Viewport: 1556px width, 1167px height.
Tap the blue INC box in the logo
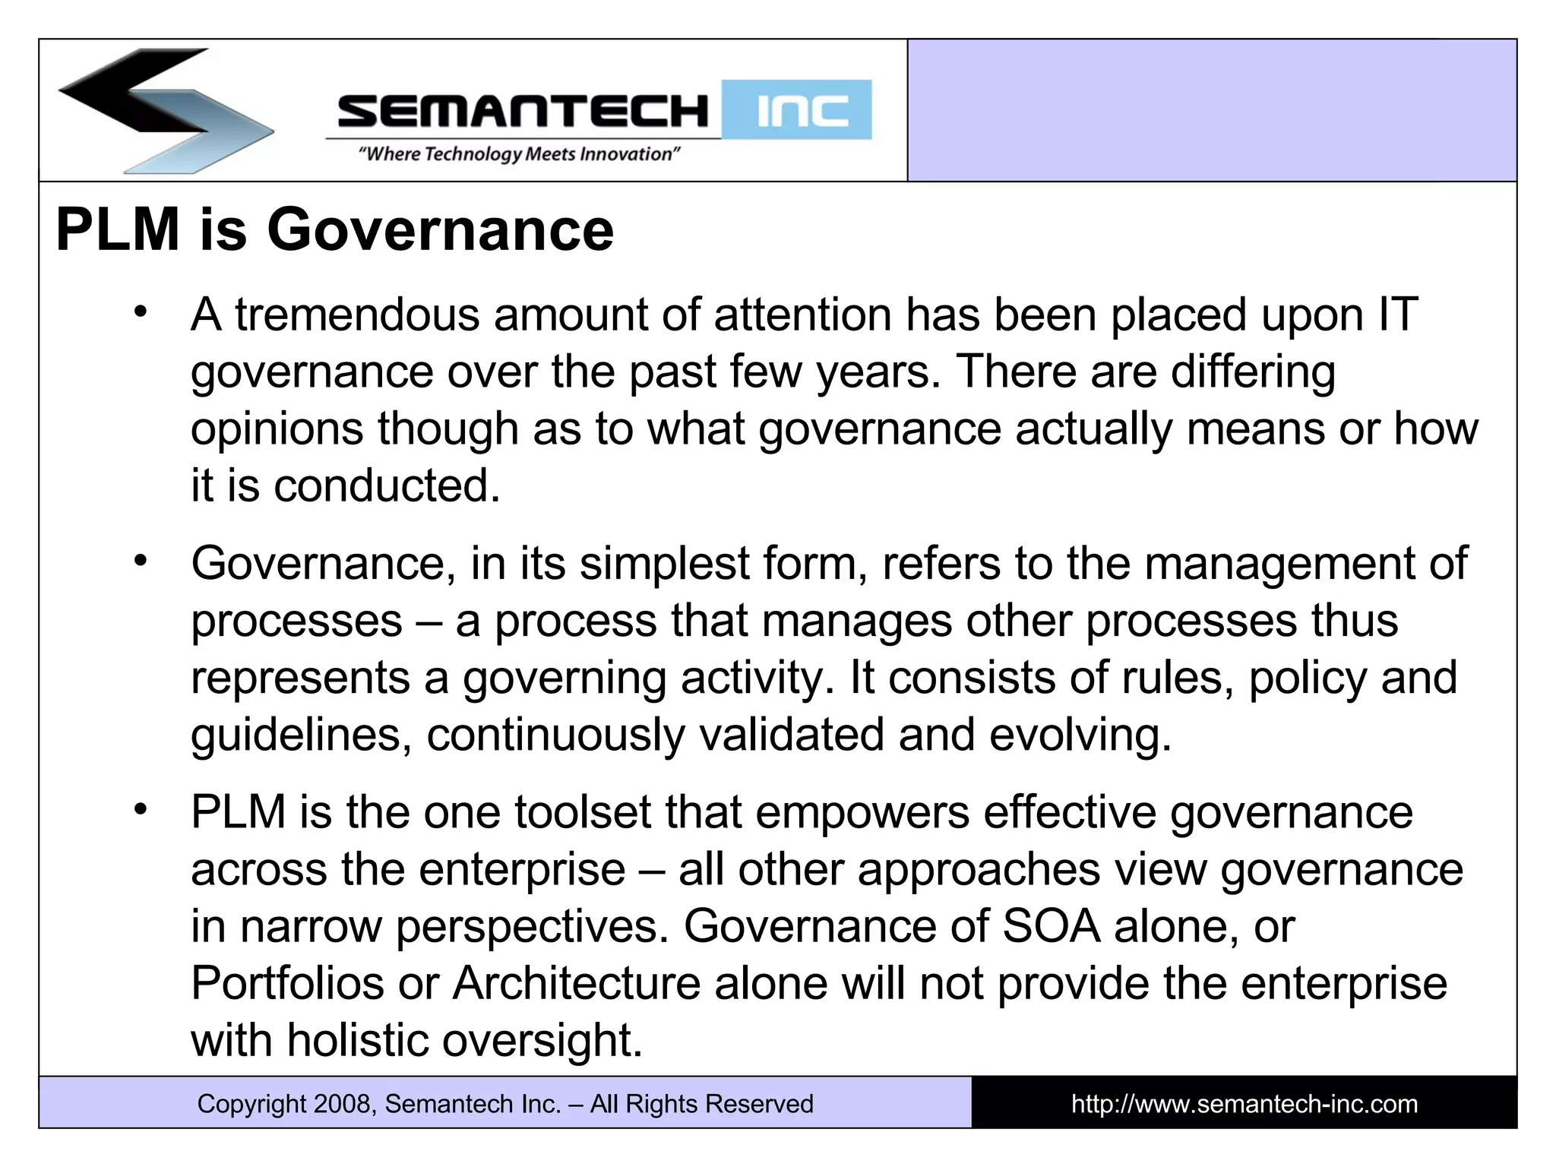point(796,110)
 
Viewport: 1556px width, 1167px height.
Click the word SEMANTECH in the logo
point(523,112)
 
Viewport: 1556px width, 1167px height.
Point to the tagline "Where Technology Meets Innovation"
point(519,154)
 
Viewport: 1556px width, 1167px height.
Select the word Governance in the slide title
point(440,229)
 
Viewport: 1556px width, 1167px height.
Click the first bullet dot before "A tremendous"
point(140,312)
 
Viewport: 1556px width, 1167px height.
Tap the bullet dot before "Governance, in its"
point(140,561)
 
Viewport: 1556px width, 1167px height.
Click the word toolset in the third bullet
point(583,812)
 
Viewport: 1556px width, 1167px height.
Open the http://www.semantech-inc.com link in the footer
point(1244,1104)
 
